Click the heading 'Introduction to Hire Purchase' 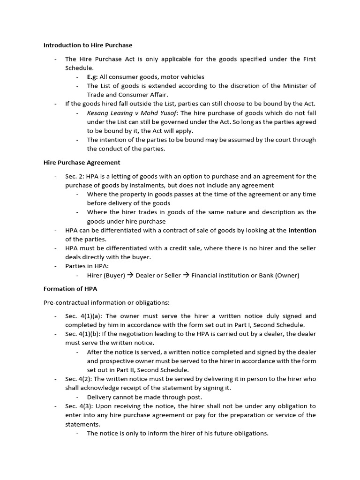tap(88, 45)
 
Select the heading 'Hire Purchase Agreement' tap(82, 163)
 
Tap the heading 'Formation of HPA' tap(70, 289)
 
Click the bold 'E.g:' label tap(92, 77)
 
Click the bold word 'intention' tap(302, 230)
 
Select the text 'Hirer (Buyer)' tap(106, 275)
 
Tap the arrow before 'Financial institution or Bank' tap(186, 275)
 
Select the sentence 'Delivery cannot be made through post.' tap(145, 397)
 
